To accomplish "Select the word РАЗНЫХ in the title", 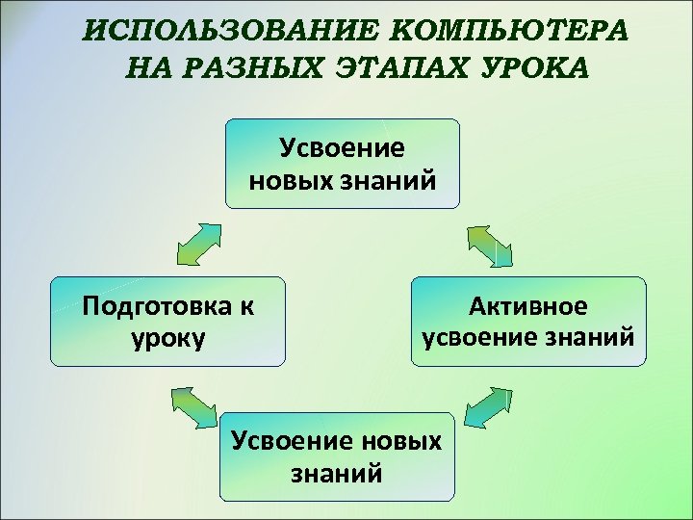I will click(x=254, y=69).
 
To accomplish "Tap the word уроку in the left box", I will click(x=166, y=338).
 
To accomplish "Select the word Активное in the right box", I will click(x=528, y=307).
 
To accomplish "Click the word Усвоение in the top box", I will click(x=342, y=148).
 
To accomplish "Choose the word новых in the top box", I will click(x=290, y=179).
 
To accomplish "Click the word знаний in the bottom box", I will click(x=336, y=473).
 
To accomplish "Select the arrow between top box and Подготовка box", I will click(x=198, y=244).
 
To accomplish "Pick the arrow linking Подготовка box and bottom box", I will click(x=195, y=404).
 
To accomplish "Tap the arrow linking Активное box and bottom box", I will click(x=486, y=405).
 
